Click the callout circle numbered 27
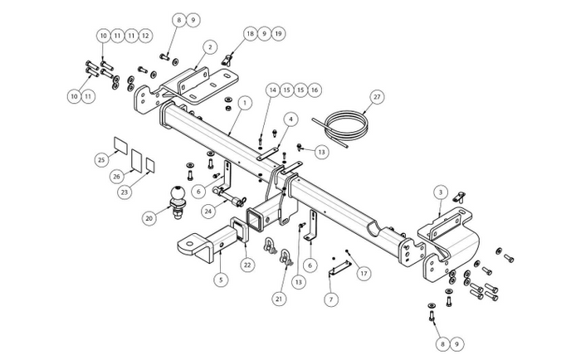point(377,97)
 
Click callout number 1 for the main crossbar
point(245,104)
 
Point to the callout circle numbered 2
point(210,47)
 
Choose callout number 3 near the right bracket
point(441,192)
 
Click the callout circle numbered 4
point(290,119)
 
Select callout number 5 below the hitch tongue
point(221,280)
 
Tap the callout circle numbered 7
point(331,299)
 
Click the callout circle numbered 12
point(145,36)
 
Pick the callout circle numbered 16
point(315,90)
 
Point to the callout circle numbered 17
point(364,274)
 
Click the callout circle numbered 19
point(278,34)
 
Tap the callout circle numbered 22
point(247,265)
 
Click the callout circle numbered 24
point(209,212)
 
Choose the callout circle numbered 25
point(101,160)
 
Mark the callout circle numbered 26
point(117,177)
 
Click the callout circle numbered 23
point(124,192)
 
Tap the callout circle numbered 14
point(273,90)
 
